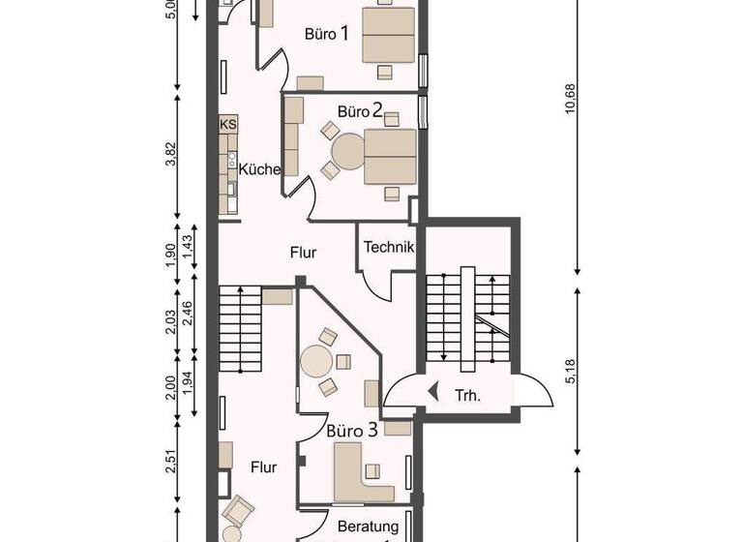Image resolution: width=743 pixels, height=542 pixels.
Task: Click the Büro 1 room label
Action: pos(326,34)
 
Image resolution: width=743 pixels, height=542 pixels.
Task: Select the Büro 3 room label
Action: pos(350,429)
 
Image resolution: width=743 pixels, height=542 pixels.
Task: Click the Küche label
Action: pos(260,168)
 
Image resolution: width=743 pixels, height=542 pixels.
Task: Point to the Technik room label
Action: pos(388,247)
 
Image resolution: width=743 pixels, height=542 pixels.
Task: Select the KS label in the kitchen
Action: pos(228,125)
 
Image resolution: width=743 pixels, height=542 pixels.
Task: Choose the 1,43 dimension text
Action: pos(189,247)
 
